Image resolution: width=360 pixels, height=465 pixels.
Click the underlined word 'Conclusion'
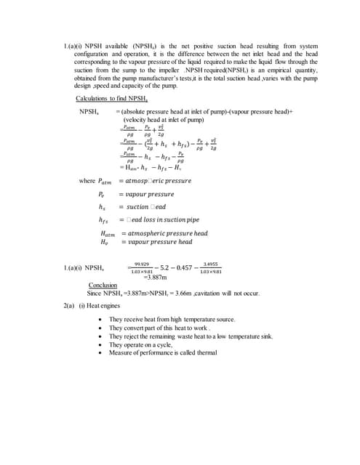click(x=103, y=286)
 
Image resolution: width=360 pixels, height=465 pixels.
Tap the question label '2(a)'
click(x=71, y=306)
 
